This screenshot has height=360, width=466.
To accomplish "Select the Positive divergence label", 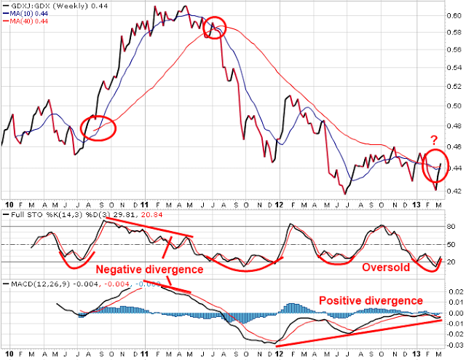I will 371,300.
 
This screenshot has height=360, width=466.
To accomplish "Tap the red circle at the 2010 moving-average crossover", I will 99,128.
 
